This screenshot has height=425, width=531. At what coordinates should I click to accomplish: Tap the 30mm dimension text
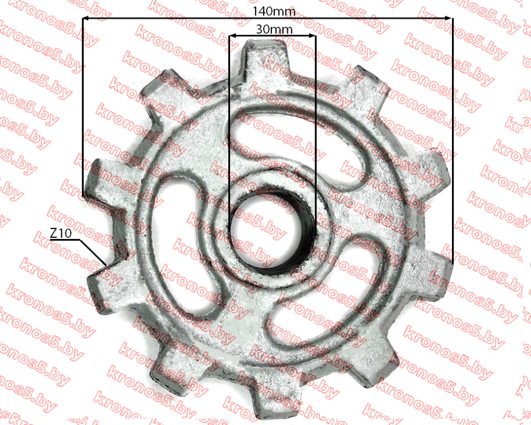(x=274, y=29)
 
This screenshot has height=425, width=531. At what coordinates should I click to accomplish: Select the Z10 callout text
(x=61, y=233)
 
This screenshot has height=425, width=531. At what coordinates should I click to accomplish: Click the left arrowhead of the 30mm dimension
(x=232, y=35)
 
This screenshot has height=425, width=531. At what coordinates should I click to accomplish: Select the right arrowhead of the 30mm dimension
(x=312, y=35)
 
